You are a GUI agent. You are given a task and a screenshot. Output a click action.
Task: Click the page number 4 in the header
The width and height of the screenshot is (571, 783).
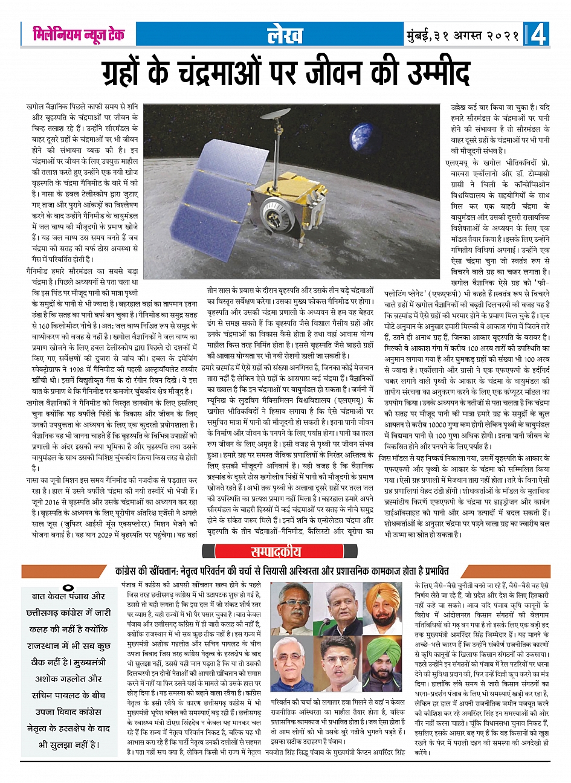click(x=538, y=36)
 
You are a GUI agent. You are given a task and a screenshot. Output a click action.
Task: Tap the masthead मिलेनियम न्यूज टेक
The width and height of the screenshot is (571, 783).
click(x=79, y=35)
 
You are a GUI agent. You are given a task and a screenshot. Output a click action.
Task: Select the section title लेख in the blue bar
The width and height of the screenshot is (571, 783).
click(x=285, y=36)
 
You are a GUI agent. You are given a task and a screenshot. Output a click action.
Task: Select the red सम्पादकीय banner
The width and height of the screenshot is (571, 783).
click(x=284, y=552)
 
